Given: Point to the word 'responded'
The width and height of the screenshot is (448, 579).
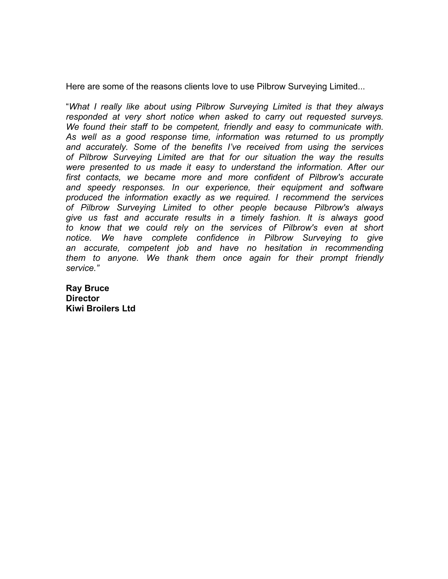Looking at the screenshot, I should coord(86,117).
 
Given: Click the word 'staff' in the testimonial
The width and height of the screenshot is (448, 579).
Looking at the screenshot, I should coord(139,127).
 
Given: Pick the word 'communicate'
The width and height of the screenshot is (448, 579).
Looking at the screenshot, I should coord(335,127).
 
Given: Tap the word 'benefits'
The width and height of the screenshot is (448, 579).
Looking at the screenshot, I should coord(207,147).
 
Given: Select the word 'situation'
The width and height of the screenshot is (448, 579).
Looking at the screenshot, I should coord(279,157).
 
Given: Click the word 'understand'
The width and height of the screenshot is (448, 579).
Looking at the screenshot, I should coord(253,167).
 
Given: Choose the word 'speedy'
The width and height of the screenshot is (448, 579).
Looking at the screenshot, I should coord(101,188).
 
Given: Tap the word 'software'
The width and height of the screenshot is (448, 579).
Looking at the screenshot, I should coord(367,187).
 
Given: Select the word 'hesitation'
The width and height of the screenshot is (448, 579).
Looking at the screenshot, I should coord(283,248).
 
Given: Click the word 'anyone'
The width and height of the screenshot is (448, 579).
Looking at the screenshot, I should coord(123,258).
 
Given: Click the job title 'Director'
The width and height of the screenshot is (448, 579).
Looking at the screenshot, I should coord(82,298).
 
